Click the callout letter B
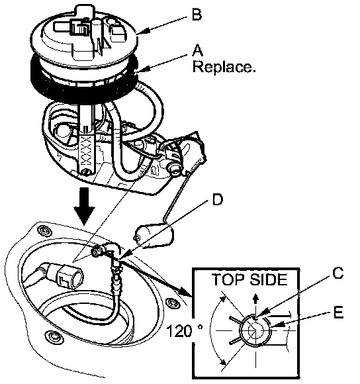[197, 14]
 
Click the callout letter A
[198, 50]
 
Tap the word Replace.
[224, 67]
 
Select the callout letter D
[218, 199]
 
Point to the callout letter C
[337, 273]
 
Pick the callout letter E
[338, 312]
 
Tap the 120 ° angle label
[185, 331]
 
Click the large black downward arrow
[85, 206]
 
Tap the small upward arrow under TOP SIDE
[255, 299]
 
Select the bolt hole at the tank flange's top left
[45, 231]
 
